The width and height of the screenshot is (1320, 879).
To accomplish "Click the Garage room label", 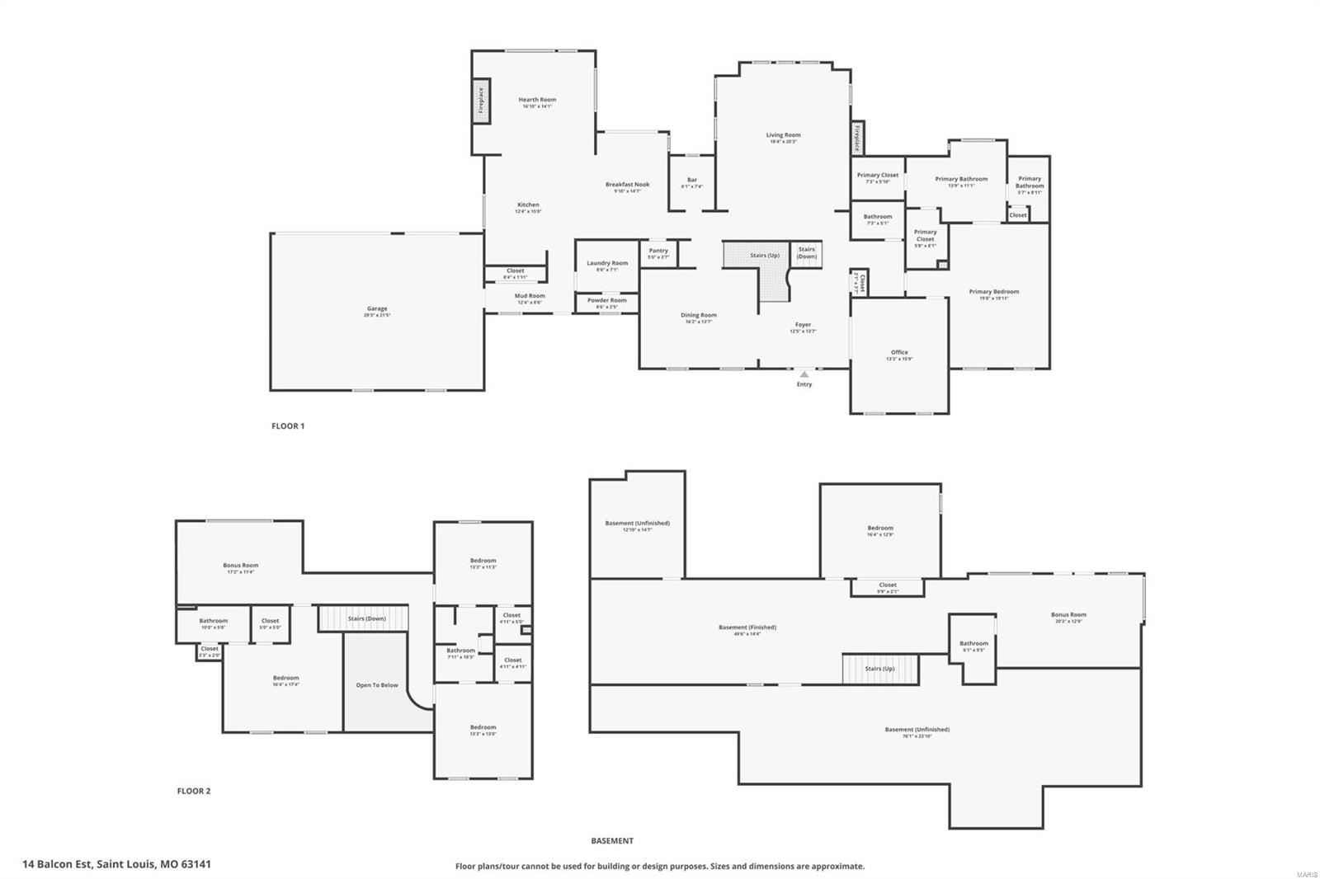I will click(x=377, y=309).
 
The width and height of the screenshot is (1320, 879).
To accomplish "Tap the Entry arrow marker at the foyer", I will click(x=804, y=374).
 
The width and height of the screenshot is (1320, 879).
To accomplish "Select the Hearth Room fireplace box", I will click(x=481, y=102).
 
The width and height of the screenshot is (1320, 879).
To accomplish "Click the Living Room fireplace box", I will click(x=857, y=138).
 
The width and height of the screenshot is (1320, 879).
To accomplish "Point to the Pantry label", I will click(x=658, y=251).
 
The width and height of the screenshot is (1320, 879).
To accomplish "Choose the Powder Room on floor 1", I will click(x=607, y=301).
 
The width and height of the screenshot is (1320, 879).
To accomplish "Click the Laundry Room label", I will click(x=607, y=263).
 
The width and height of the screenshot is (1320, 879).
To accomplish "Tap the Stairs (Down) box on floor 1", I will click(x=807, y=252).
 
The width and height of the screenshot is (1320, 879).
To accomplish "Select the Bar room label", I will click(x=692, y=180).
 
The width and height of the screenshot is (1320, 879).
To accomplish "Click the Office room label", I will click(x=899, y=352).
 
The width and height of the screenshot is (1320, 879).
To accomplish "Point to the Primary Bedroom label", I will click(x=993, y=292).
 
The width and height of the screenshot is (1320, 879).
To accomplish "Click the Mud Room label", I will click(x=530, y=296).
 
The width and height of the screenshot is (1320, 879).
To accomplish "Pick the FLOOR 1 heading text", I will click(x=288, y=426).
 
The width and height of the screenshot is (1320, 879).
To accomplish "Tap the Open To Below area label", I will click(x=377, y=685).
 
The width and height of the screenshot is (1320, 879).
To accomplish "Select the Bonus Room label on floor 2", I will click(x=240, y=566).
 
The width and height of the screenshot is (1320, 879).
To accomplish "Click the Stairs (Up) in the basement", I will click(x=879, y=669).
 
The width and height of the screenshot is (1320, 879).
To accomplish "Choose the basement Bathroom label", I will click(x=973, y=643).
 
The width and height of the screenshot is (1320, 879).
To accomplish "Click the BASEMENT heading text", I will click(x=612, y=841).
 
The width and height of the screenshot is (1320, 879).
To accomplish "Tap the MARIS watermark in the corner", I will click(x=1306, y=872).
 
